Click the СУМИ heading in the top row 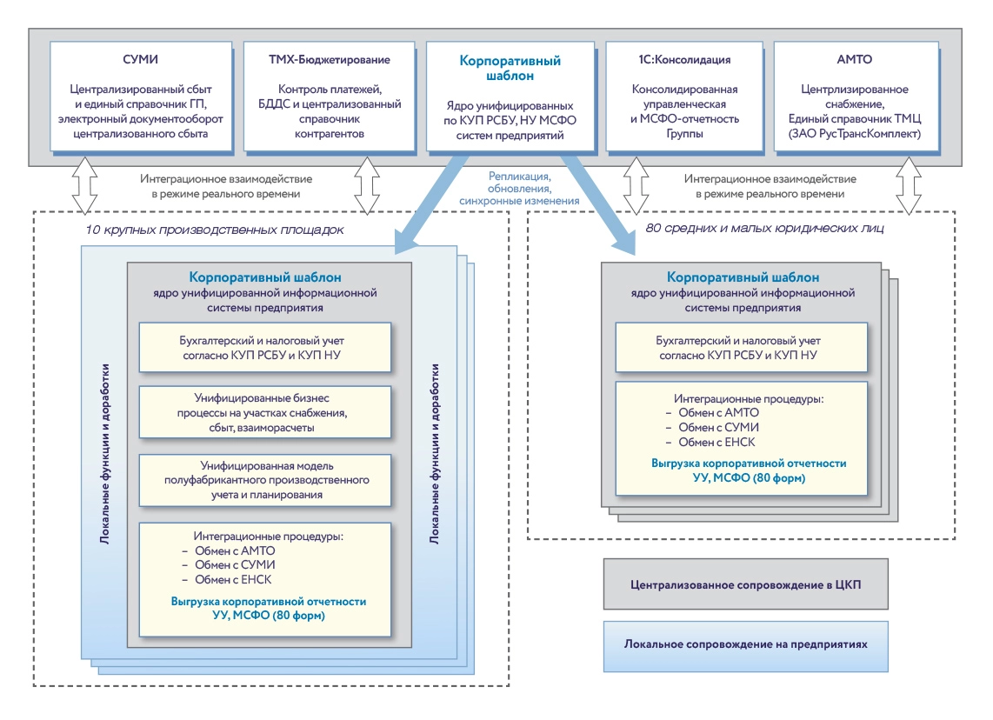(x=141, y=60)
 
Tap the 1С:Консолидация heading (x=683, y=60)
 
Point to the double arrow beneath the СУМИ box (x=85, y=185)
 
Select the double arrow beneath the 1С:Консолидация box (x=637, y=185)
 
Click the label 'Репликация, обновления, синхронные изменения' (x=521, y=188)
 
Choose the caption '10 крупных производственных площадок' (x=215, y=230)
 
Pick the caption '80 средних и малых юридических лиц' (x=764, y=230)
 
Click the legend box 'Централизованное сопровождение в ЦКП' (x=745, y=583)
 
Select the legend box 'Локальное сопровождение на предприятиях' (x=745, y=645)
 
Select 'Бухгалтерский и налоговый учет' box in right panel (x=747, y=348)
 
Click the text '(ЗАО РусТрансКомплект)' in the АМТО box (x=855, y=134)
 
